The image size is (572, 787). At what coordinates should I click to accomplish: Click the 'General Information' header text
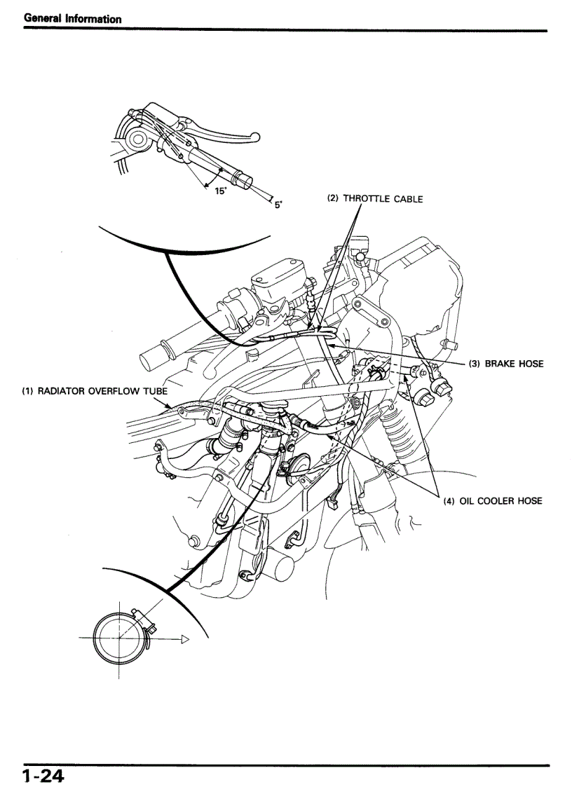(72, 19)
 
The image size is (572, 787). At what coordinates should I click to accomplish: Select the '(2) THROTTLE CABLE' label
(375, 199)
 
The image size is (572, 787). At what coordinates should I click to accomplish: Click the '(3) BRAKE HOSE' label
(505, 364)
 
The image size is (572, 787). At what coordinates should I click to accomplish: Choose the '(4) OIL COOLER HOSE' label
(492, 501)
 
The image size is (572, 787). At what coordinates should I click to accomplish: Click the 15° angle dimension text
(220, 190)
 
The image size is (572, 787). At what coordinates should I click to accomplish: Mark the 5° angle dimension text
(278, 205)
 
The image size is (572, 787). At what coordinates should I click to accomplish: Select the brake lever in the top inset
(224, 130)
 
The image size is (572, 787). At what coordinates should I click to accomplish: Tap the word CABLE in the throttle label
(408, 199)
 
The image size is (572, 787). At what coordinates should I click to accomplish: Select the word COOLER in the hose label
(492, 501)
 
